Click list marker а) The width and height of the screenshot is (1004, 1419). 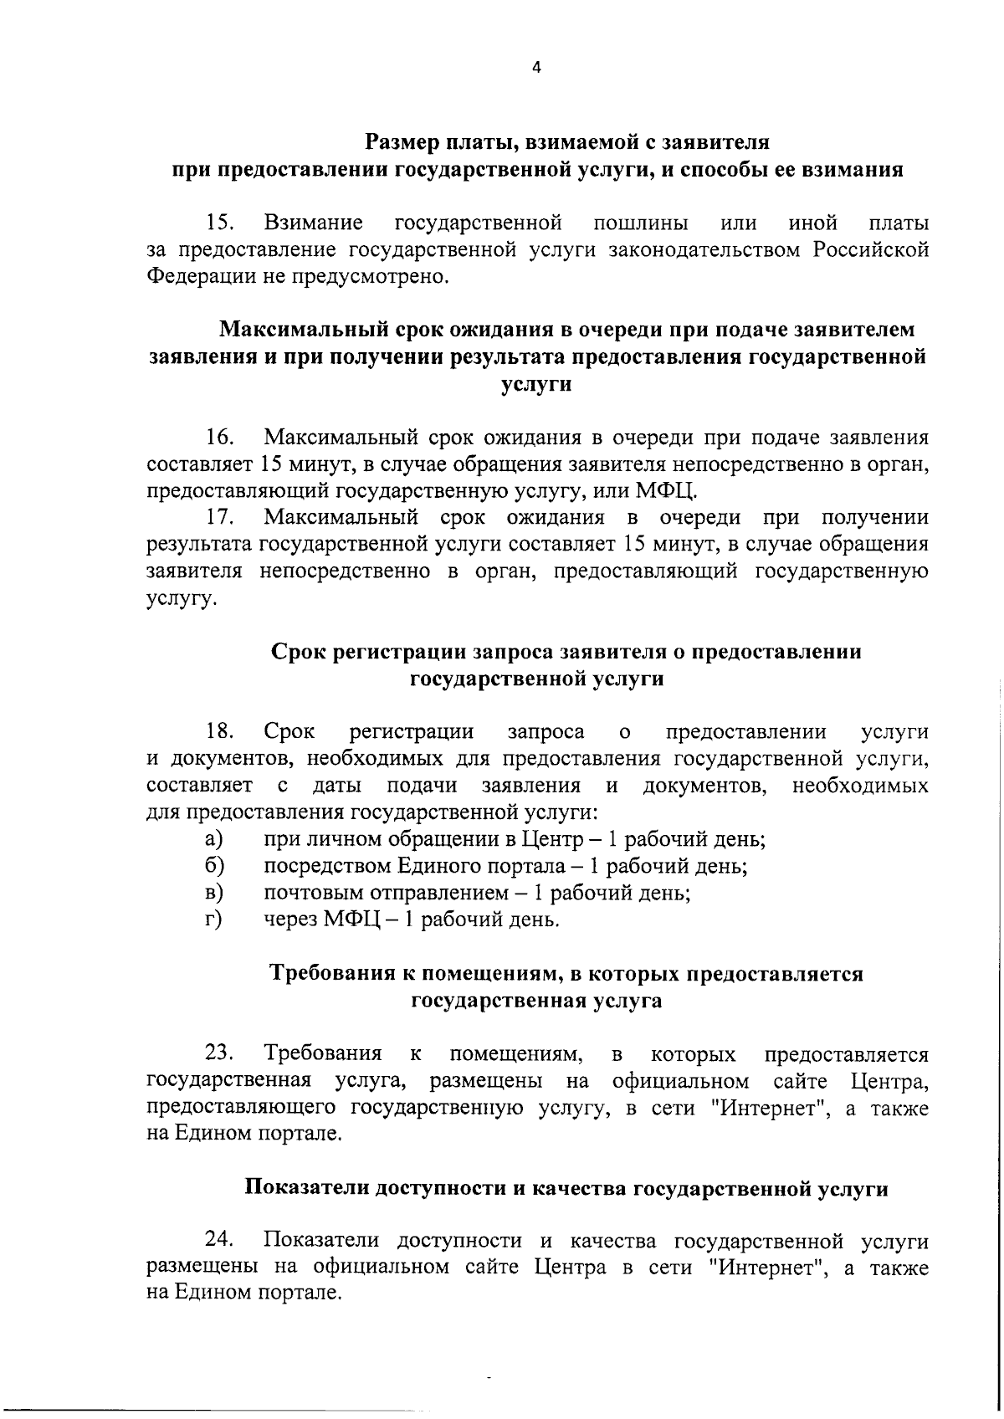[x=213, y=839]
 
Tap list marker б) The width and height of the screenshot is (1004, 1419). [x=213, y=866]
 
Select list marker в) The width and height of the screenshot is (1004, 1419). [x=213, y=893]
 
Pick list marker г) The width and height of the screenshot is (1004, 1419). [x=213, y=920]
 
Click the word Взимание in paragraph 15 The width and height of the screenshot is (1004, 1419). [x=314, y=223]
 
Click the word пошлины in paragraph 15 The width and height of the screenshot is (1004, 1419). [x=640, y=224]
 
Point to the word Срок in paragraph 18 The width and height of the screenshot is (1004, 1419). [x=289, y=732]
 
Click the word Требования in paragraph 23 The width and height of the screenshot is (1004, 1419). [x=323, y=1053]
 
